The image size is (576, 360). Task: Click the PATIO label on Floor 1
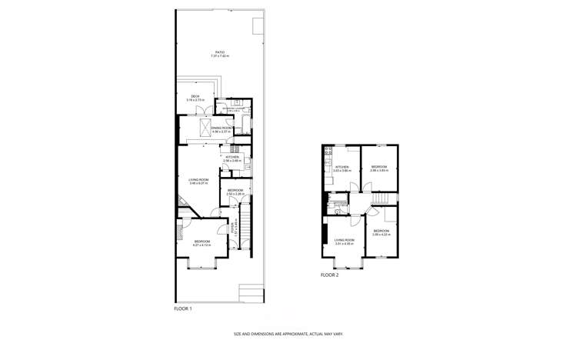pyautogui.click(x=221, y=54)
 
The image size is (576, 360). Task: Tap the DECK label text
pyautogui.click(x=195, y=98)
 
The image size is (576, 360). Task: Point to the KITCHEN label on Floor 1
pyautogui.click(x=232, y=158)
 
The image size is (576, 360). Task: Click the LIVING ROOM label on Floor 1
pyautogui.click(x=199, y=182)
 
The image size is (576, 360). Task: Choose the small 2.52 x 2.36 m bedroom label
pyautogui.click(x=235, y=192)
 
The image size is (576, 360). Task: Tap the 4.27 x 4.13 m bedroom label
pyautogui.click(x=201, y=242)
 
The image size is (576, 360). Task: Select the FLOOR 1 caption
pyautogui.click(x=183, y=308)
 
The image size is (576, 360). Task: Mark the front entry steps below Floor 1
pyautogui.click(x=251, y=293)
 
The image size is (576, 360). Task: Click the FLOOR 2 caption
pyautogui.click(x=329, y=274)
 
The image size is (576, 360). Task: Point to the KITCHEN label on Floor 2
pyautogui.click(x=342, y=168)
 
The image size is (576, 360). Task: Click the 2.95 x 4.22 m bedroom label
pyautogui.click(x=381, y=232)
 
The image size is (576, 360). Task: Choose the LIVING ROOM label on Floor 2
pyautogui.click(x=343, y=242)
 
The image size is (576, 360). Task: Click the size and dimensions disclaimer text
pyautogui.click(x=288, y=335)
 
